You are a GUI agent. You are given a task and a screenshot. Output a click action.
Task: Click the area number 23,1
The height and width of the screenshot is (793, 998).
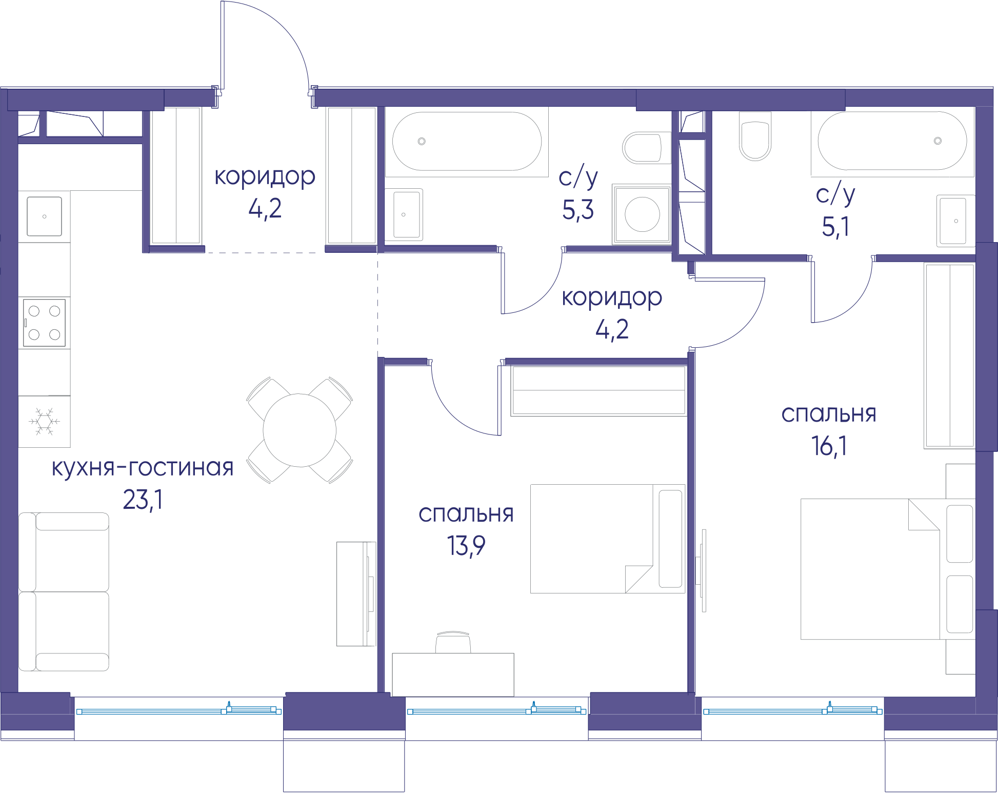click(143, 500)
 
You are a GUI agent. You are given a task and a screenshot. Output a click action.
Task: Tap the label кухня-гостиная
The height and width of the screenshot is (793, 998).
click(143, 467)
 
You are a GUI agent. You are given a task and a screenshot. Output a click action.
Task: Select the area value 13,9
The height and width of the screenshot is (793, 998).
click(466, 545)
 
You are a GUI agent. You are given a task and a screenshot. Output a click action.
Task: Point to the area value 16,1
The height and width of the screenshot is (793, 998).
click(829, 446)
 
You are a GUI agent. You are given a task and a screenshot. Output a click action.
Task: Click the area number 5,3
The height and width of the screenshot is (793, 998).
click(578, 210)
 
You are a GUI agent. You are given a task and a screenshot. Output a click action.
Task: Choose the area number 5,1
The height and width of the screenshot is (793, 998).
click(835, 226)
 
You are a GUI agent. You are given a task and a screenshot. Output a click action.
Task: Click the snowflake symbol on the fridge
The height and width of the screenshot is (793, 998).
click(45, 421)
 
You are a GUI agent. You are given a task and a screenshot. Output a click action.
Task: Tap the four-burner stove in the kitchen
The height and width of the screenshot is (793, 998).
click(45, 323)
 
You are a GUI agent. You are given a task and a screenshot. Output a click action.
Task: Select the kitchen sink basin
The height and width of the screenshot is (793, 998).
click(45, 216)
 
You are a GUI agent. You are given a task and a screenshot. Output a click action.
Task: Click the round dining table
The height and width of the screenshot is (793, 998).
click(300, 430)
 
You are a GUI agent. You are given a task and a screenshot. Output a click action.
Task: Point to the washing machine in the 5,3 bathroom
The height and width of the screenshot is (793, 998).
click(642, 214)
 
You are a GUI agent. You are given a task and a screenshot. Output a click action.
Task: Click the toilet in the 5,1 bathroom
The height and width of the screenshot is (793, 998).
click(755, 136)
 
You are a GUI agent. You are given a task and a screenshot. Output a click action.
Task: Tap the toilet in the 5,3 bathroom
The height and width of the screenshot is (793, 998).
click(646, 148)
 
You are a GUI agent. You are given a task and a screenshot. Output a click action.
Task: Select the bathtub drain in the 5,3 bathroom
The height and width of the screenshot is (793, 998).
click(422, 141)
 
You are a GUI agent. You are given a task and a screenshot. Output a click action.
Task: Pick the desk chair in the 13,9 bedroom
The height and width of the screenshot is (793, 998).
click(453, 642)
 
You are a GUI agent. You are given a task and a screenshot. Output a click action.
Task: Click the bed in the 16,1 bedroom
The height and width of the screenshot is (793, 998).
click(888, 569)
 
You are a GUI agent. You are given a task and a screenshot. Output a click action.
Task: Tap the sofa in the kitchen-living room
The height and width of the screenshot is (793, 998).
click(64, 591)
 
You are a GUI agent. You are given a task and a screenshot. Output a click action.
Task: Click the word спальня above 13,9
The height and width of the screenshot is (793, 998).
click(466, 514)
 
